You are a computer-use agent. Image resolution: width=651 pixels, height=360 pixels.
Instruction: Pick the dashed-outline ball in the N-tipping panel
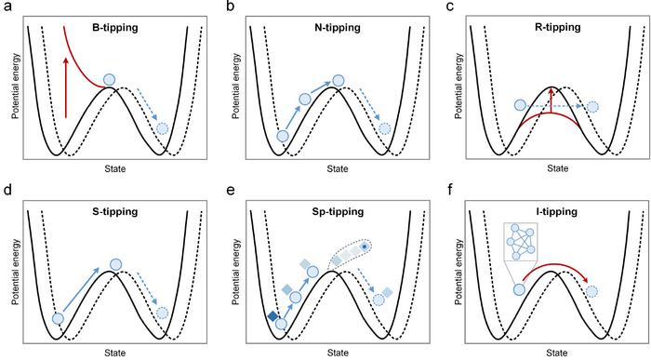(x=384, y=127)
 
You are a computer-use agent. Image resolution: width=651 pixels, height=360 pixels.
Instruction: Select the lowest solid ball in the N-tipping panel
(x=283, y=137)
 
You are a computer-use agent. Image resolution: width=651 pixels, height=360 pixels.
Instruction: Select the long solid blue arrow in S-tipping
(x=86, y=291)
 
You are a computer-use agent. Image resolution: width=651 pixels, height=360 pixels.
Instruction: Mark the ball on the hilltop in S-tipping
(x=115, y=265)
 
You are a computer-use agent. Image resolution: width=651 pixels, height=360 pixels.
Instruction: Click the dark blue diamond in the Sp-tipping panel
(x=272, y=317)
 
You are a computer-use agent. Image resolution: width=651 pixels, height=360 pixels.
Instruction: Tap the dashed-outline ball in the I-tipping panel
(x=591, y=291)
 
